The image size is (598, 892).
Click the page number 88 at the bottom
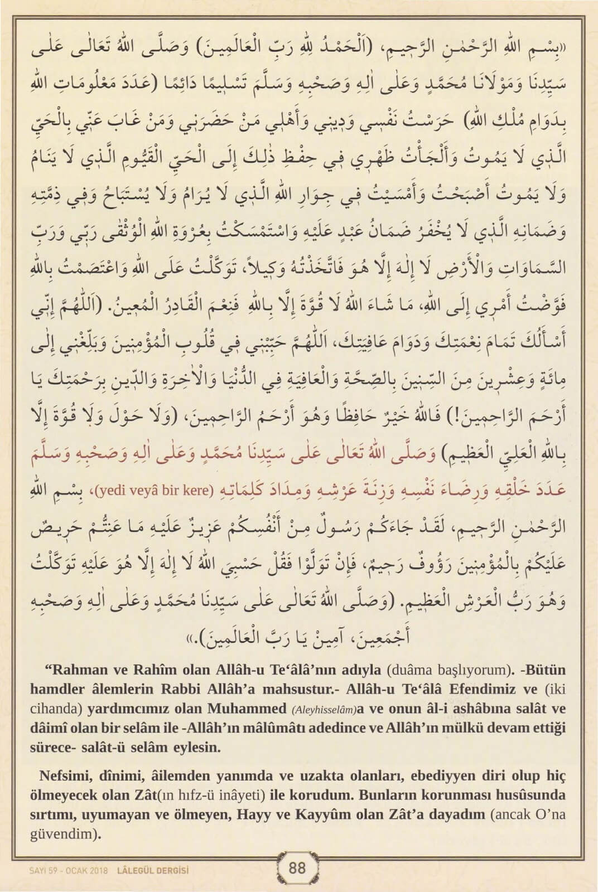[x=298, y=868]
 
